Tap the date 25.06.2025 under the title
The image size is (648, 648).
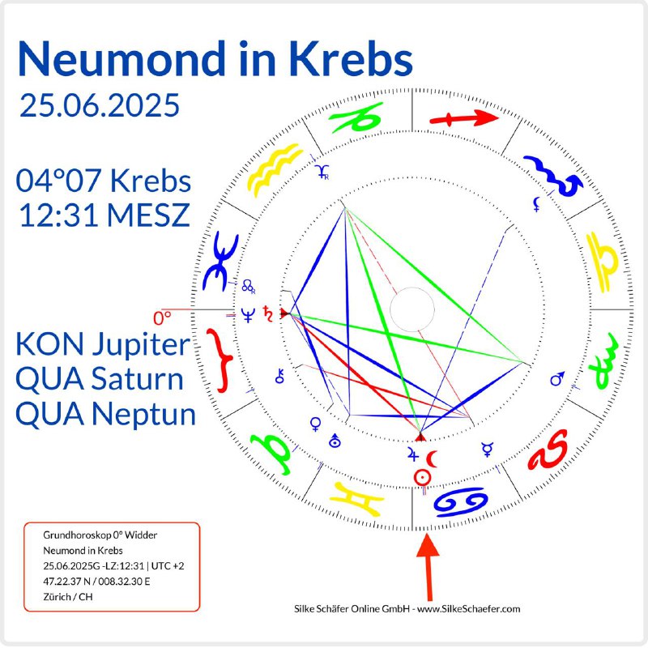click(x=100, y=105)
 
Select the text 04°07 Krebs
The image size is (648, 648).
click(x=104, y=181)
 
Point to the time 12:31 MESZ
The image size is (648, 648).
click(x=104, y=215)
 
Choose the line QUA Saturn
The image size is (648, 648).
click(x=99, y=378)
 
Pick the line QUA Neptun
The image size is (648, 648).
click(x=105, y=415)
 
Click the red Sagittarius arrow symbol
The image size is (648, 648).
click(x=463, y=118)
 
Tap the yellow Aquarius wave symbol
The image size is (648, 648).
click(x=274, y=168)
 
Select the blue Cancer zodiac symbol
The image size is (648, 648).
click(x=460, y=501)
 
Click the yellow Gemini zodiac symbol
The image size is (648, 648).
click(x=357, y=499)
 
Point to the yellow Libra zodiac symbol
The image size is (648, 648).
click(x=602, y=262)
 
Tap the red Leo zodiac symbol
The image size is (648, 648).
click(x=548, y=450)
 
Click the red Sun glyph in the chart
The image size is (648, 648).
click(x=422, y=478)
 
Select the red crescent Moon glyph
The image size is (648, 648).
click(x=432, y=458)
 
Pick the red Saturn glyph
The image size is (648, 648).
click(x=268, y=314)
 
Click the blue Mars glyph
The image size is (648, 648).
click(x=557, y=378)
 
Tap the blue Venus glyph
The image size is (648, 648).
click(x=316, y=424)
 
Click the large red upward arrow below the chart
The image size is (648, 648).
click(x=428, y=567)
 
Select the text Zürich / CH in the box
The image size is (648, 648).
click(x=68, y=597)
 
